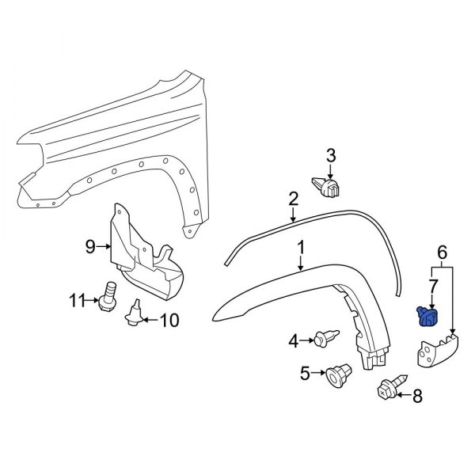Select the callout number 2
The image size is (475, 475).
293,198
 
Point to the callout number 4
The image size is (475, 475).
293,341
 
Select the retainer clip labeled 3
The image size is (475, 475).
329,188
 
